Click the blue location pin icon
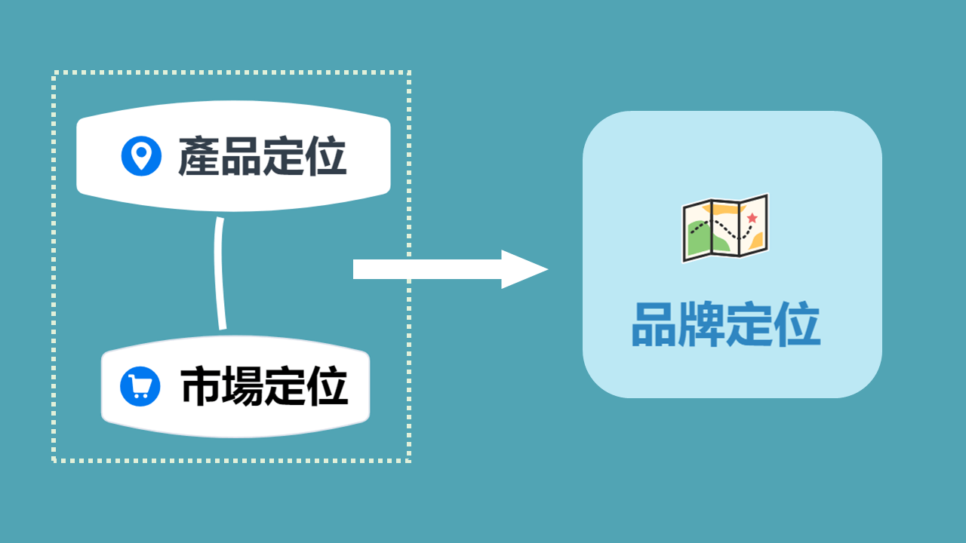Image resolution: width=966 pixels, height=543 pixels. (x=141, y=156)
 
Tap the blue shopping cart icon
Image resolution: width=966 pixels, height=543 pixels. (x=140, y=386)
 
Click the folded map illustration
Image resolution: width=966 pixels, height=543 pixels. (x=725, y=228)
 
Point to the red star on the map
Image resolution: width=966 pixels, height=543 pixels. (x=752, y=218)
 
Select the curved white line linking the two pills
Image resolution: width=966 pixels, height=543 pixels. (x=220, y=273)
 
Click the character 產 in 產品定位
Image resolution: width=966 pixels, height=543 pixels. (x=199, y=155)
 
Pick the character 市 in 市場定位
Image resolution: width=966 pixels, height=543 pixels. (x=201, y=385)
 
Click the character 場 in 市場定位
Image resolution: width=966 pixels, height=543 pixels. (x=242, y=385)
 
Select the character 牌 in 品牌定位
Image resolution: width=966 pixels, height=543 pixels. (x=702, y=324)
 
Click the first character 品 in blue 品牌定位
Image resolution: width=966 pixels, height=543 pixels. (x=654, y=324)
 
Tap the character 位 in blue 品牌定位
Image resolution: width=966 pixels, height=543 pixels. (x=797, y=324)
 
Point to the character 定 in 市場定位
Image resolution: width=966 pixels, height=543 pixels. (x=285, y=385)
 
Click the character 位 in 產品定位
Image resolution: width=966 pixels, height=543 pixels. (x=326, y=155)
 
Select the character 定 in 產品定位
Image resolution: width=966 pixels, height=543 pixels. (x=283, y=155)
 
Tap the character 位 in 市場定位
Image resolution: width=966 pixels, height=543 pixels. (x=328, y=385)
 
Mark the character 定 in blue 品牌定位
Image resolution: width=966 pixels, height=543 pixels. (x=749, y=324)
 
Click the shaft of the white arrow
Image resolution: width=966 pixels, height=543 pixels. (x=427, y=269)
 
